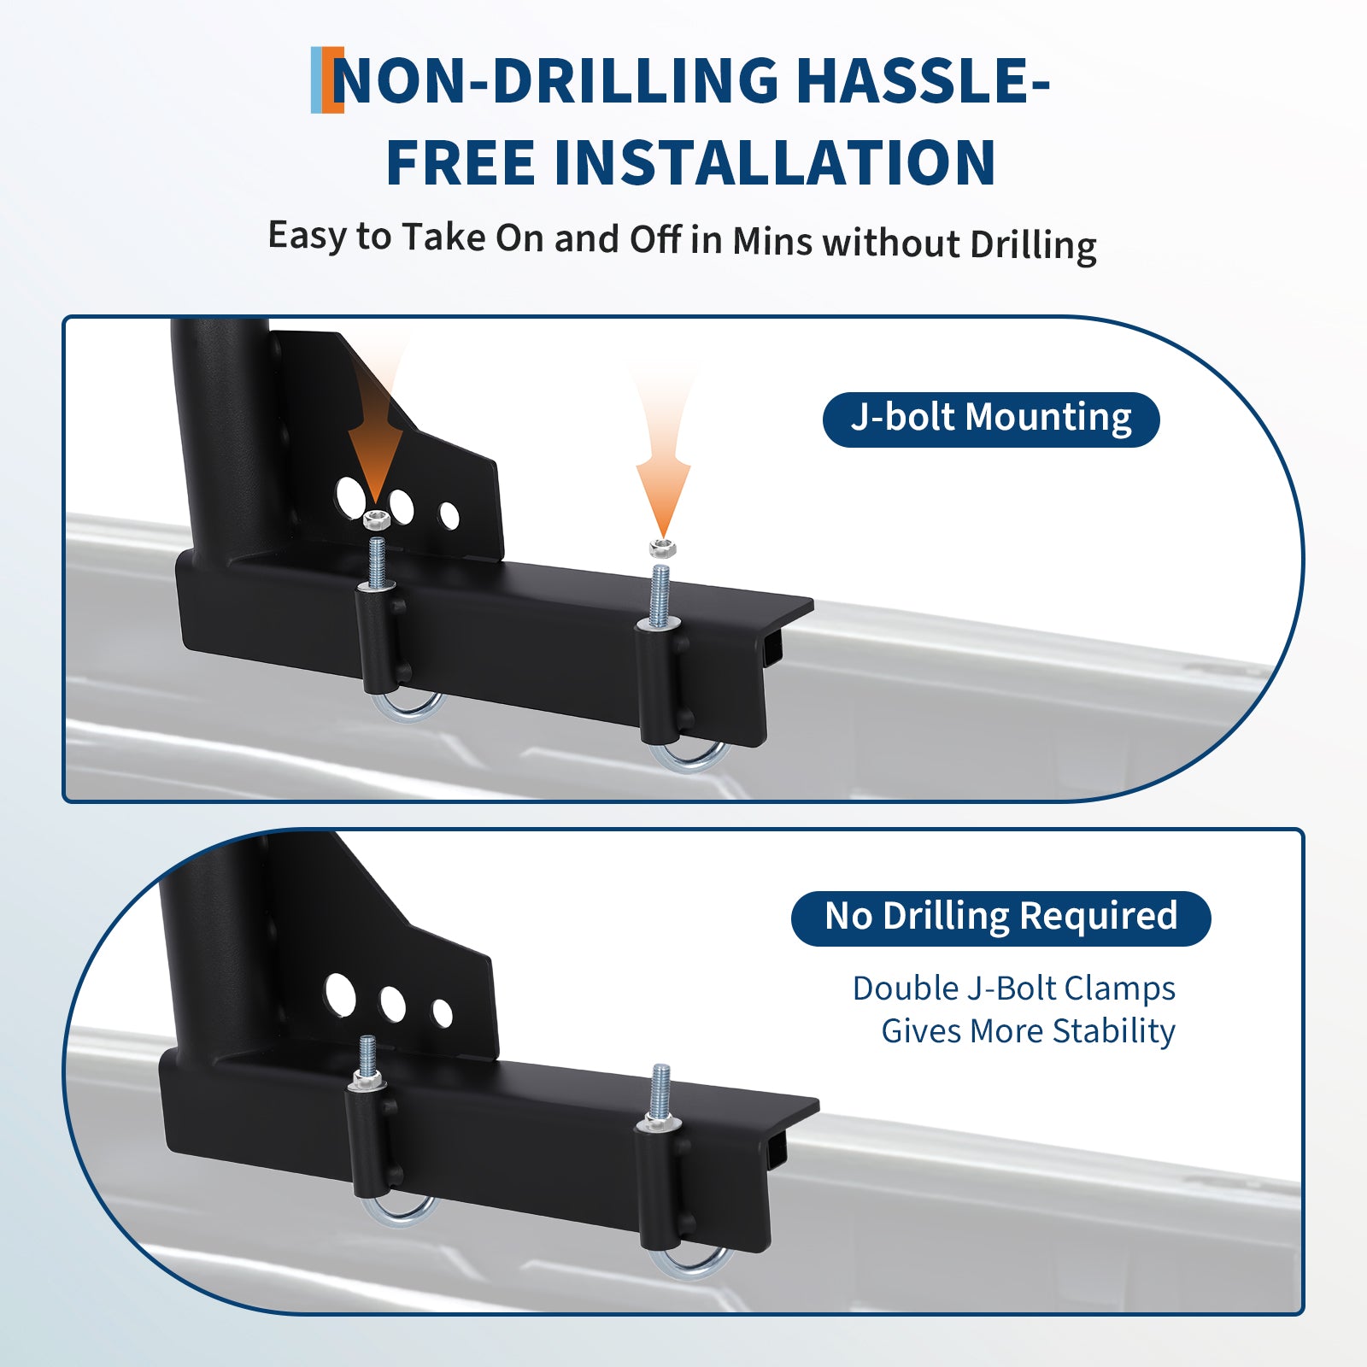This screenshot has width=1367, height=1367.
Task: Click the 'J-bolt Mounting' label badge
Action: pos(991,419)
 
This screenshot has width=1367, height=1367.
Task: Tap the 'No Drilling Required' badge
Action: pos(1000,918)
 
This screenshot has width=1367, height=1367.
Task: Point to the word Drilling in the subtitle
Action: pos(1033,245)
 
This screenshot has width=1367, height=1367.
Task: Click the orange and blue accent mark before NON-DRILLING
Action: pos(327,80)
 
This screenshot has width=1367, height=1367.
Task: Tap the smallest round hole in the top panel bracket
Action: pos(449,515)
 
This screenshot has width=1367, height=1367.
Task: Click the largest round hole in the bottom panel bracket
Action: pos(340,994)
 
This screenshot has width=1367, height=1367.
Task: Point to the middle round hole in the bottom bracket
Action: pos(393,1005)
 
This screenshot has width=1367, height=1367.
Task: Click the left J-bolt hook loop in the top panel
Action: pos(411,709)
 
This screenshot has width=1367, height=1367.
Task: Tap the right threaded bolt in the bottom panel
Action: pos(660,1094)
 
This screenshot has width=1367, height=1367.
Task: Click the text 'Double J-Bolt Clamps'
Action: pos(1014,989)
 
